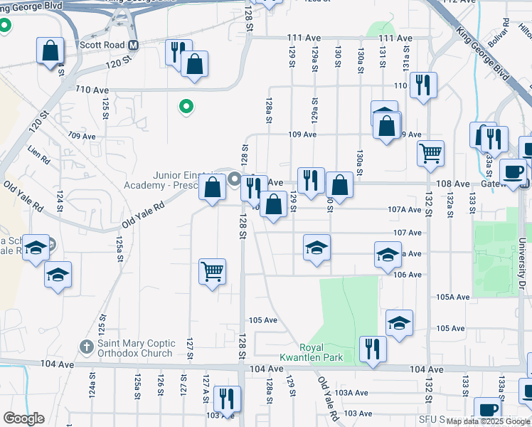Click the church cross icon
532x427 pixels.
coord(86,347)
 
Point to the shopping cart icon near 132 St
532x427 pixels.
coord(430,153)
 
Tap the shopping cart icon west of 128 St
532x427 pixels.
coord(212,271)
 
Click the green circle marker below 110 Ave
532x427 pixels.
coord(186,107)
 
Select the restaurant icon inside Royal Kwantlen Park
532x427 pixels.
coord(373,349)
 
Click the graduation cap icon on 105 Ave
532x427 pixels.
coord(400,323)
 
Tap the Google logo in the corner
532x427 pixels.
coord(23,418)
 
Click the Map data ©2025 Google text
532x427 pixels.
coord(489,421)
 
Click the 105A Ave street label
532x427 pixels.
coord(453,297)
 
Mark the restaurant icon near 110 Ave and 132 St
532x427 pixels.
coord(424,85)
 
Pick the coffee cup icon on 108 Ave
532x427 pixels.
coord(513,171)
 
